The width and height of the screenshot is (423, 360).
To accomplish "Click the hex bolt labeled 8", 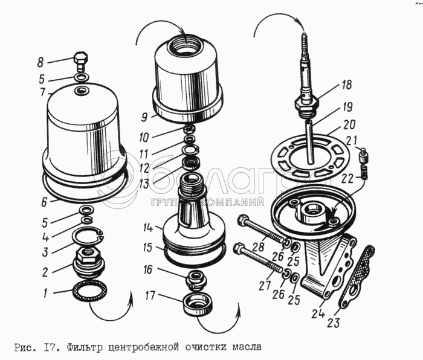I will coord(80,61).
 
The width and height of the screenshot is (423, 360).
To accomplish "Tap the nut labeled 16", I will coord(196,278).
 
